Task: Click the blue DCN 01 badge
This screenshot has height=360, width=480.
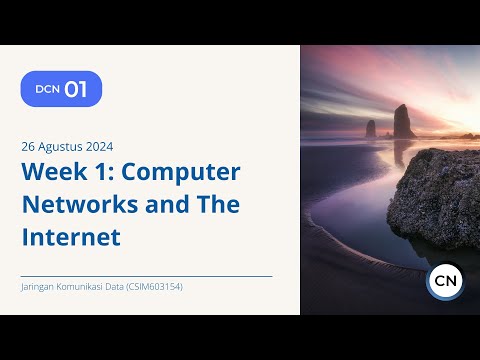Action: (x=61, y=89)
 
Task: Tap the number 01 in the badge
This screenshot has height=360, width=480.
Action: (x=76, y=89)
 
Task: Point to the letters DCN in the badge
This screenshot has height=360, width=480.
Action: (x=47, y=89)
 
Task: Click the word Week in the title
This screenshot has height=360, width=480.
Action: (x=53, y=172)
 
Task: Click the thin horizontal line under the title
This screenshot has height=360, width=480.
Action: (x=146, y=276)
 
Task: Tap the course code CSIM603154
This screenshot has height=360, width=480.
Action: (x=155, y=287)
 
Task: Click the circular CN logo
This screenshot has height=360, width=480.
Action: (x=444, y=282)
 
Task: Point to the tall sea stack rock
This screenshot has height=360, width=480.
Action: (x=403, y=121)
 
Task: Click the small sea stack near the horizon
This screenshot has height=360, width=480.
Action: (x=370, y=129)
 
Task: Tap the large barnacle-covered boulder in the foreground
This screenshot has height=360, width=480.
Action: (x=435, y=195)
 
